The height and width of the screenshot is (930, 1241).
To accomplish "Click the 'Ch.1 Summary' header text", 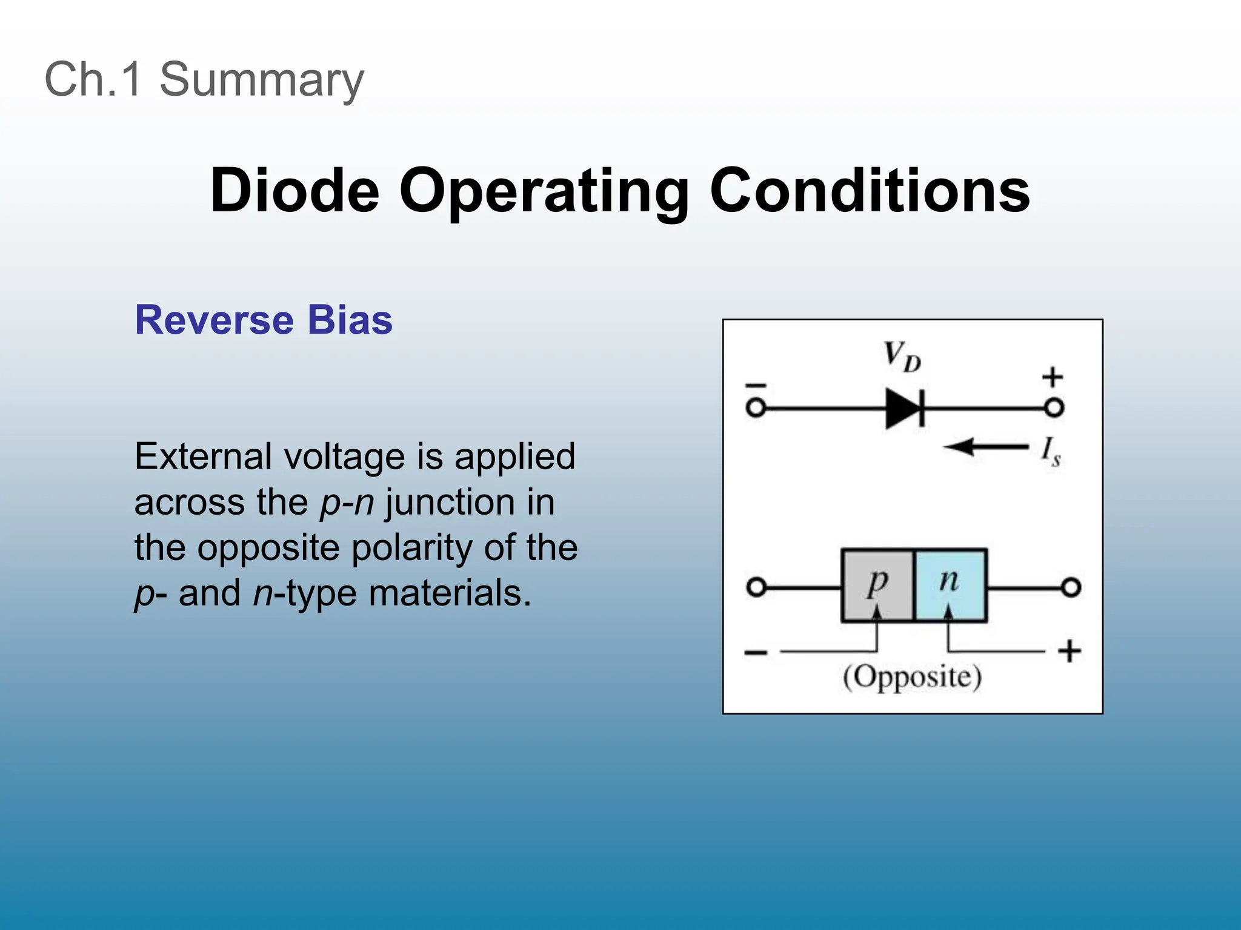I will point(204,79).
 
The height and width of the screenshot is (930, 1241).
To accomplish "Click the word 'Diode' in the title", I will point(294,191).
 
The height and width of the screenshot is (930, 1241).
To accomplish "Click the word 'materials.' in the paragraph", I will point(450,593).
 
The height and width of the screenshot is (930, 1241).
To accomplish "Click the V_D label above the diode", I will point(902,356).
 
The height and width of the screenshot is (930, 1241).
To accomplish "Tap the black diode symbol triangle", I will point(901,409).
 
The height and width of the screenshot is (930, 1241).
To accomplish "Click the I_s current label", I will point(1050,452).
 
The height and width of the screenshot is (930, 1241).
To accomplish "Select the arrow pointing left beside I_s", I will point(985,448).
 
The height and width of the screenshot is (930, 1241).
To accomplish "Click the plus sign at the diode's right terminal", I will point(1053,377).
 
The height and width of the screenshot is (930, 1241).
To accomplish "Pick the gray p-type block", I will point(877,585).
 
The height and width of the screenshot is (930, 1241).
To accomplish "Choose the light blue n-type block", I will point(950,585).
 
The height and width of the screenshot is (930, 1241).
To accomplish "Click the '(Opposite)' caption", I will point(912,677).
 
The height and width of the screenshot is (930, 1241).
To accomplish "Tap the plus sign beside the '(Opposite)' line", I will point(1070,651).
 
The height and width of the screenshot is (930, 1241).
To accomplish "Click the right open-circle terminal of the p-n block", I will point(1071,587).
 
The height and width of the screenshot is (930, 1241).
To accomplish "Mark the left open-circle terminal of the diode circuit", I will point(756,408).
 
